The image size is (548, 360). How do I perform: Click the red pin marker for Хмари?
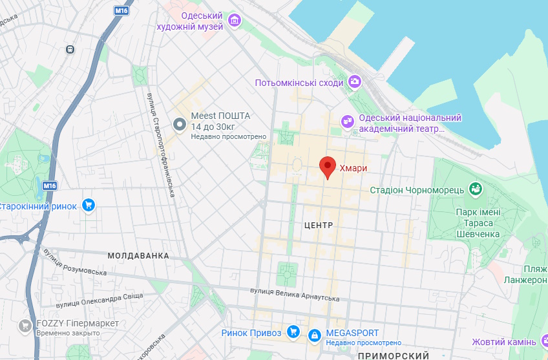tap(328, 167)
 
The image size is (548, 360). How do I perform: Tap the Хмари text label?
tap(353, 169)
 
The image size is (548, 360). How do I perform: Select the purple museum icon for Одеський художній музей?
tap(234, 21)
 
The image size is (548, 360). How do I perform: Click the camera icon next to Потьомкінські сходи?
tap(354, 81)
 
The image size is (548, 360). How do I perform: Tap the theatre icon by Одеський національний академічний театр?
tap(348, 120)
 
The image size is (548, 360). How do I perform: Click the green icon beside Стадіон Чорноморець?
tap(476, 189)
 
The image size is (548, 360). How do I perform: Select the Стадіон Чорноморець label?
tap(417, 190)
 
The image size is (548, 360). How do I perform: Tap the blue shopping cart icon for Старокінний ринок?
tap(89, 206)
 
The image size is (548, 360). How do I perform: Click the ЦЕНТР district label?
tap(317, 226)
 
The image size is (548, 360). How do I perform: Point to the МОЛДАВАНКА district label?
tap(138, 256)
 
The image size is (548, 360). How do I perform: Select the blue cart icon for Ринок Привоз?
tap(293, 333)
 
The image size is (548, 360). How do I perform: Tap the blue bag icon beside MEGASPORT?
tap(314, 335)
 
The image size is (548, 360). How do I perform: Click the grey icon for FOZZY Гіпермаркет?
tap(26, 324)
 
